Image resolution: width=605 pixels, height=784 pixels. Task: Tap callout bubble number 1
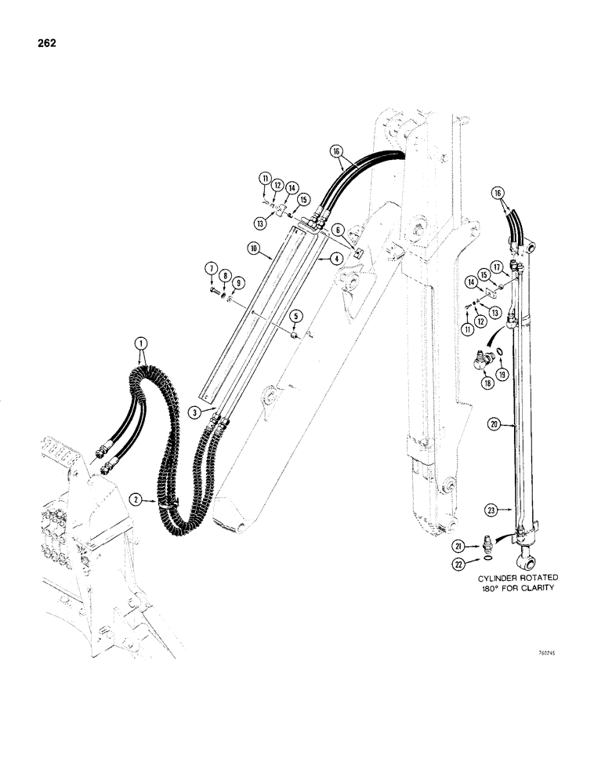[x=141, y=343]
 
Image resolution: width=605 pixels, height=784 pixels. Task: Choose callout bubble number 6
[x=337, y=229]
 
